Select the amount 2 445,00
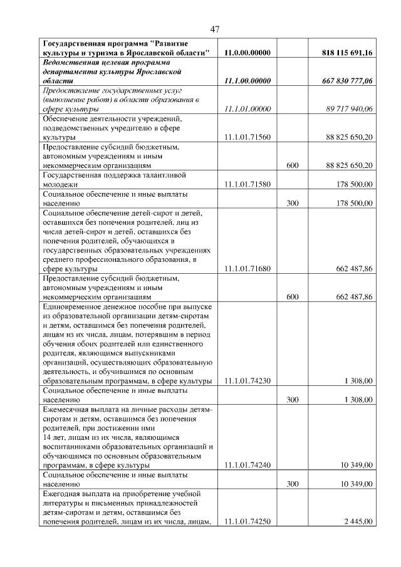(358, 522)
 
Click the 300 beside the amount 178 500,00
(292, 203)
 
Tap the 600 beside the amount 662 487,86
(292, 297)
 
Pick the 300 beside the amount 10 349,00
(292, 484)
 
